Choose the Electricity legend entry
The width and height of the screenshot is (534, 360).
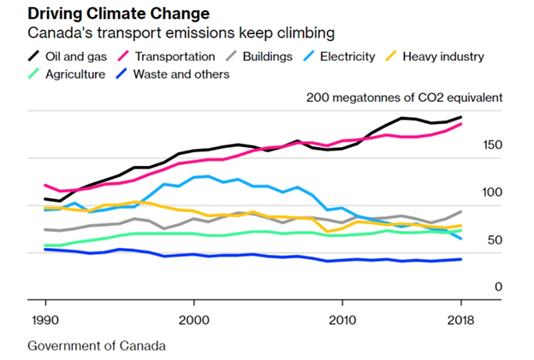342,56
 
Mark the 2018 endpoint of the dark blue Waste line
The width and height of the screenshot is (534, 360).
461,259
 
